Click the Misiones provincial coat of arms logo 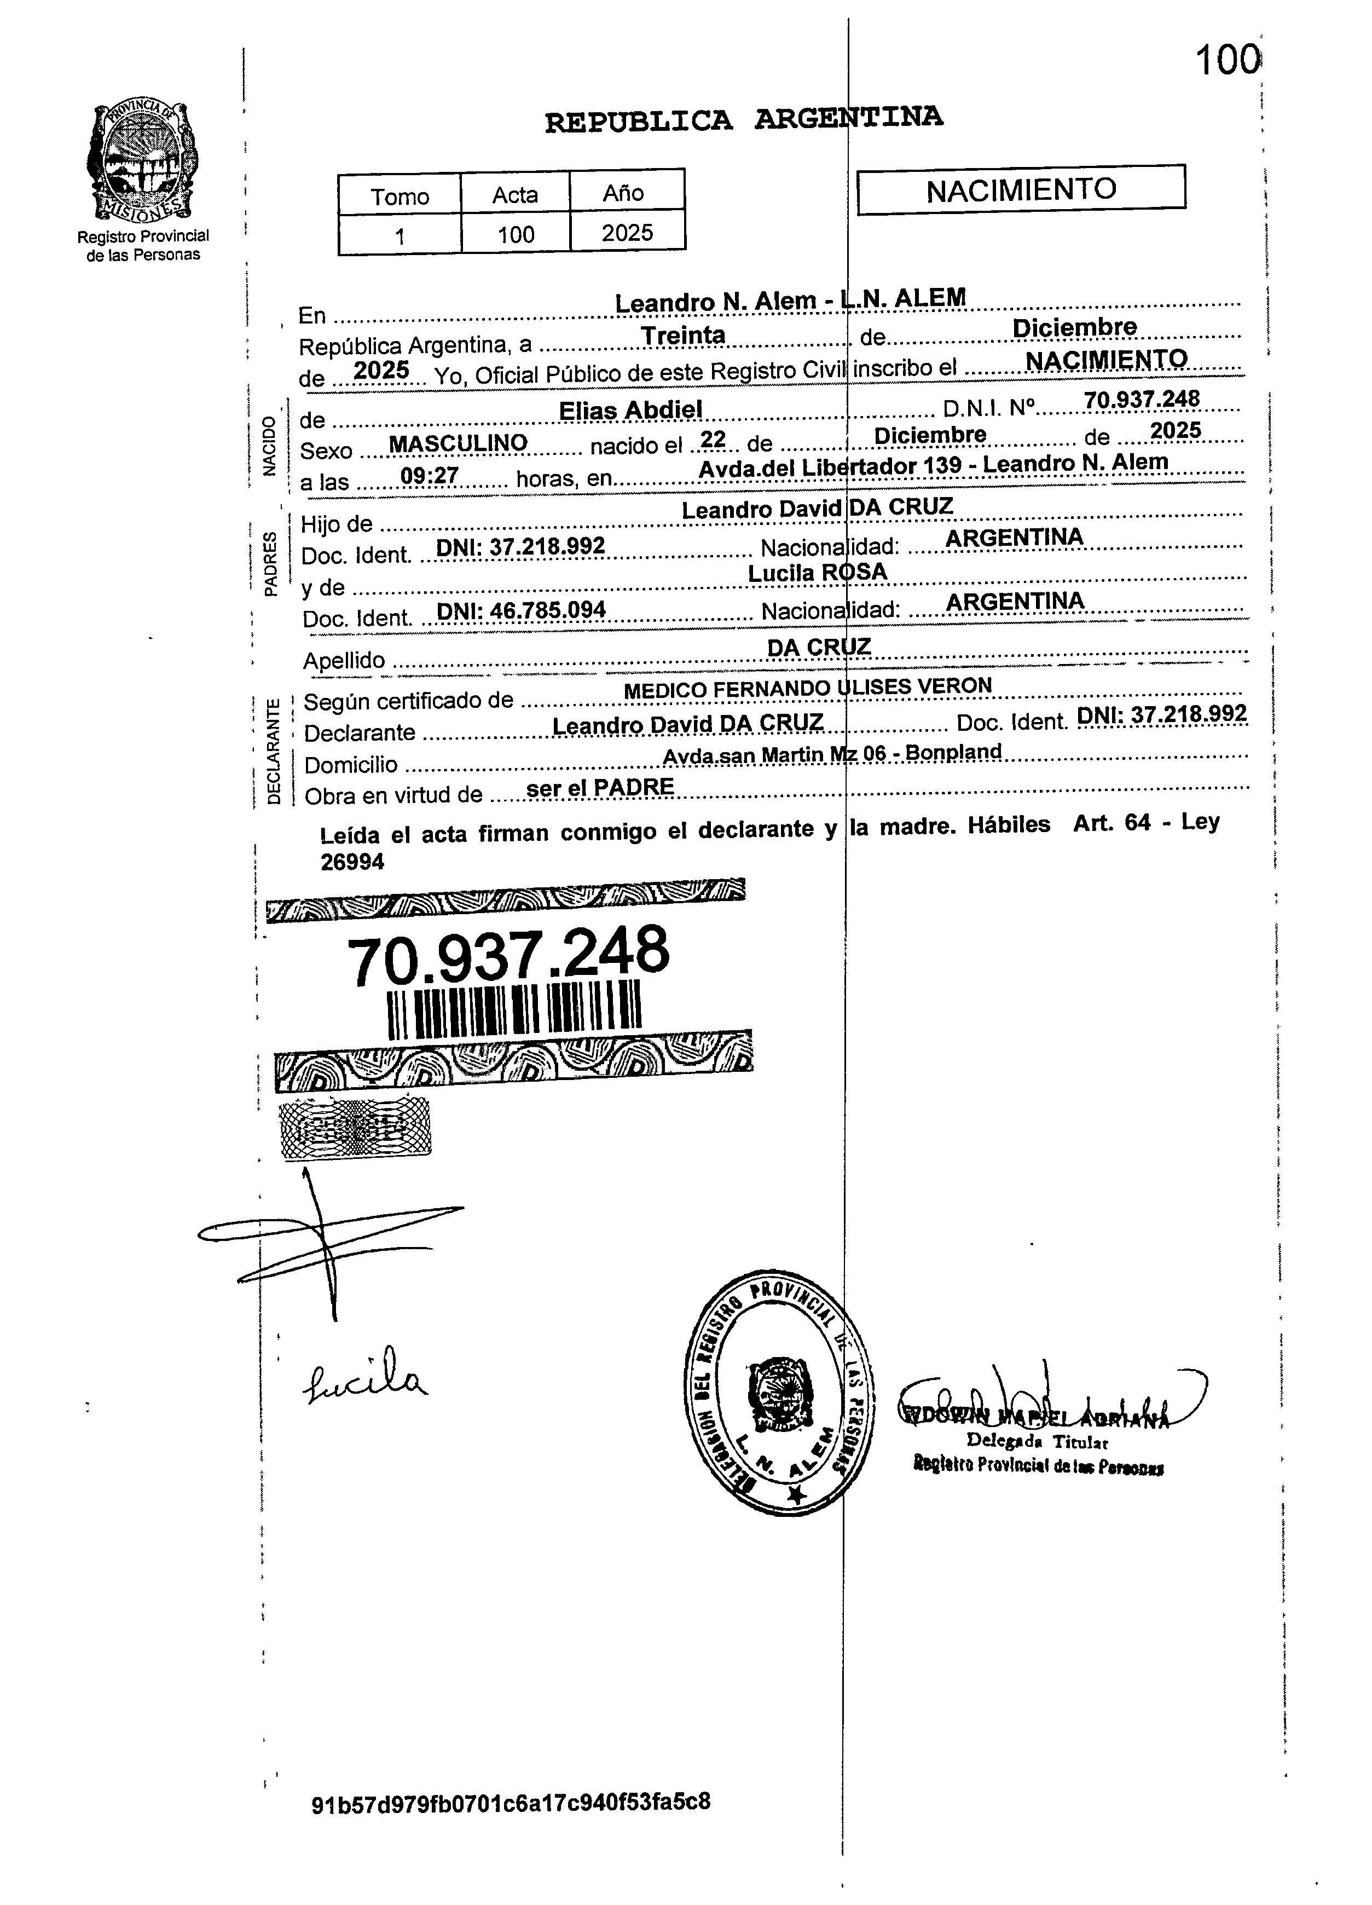[x=143, y=161]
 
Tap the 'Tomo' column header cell [x=400, y=196]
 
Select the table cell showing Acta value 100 [x=516, y=234]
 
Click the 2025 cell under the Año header [x=627, y=233]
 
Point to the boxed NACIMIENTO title [x=1021, y=190]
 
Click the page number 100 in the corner [x=1227, y=60]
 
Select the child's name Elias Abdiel [x=630, y=410]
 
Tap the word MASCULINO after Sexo [x=459, y=443]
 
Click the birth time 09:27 [x=429, y=476]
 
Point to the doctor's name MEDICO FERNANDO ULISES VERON [x=807, y=688]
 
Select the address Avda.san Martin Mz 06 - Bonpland [x=832, y=753]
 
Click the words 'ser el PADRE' [x=599, y=788]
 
